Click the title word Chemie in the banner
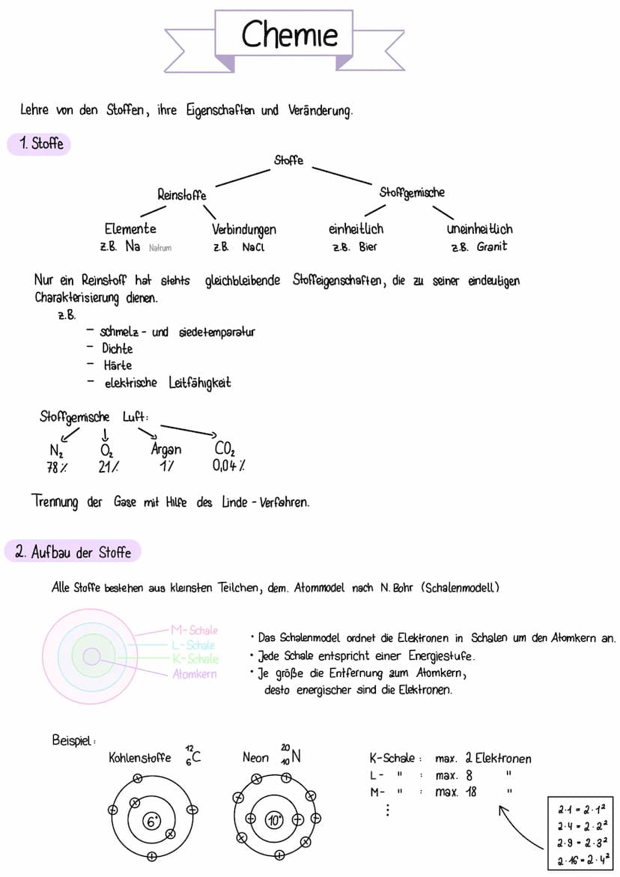pos(289,34)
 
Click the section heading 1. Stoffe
pos(39,144)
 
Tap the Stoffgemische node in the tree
pos(412,192)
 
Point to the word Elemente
pos(130,229)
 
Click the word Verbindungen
pos(244,229)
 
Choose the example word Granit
pos(492,246)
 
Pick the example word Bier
pos(368,246)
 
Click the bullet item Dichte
pos(118,348)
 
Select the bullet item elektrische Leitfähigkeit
pos(167,383)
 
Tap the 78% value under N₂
pos(58,467)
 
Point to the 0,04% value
pos(228,466)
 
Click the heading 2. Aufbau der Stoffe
pos(73,553)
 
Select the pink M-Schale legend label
pos(194,631)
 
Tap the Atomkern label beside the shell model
pos(194,673)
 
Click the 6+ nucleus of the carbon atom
pos(152,822)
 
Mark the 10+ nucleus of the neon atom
pos(274,820)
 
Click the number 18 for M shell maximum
pos(470,792)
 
